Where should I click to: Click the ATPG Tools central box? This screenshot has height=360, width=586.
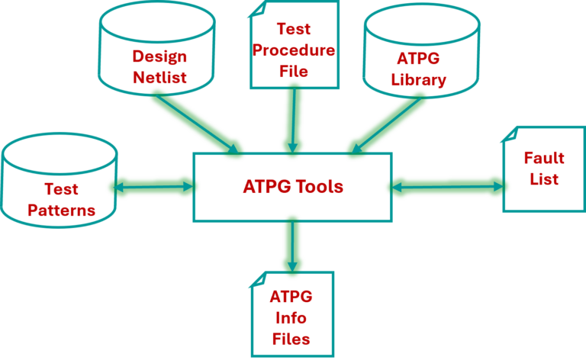pos(292,187)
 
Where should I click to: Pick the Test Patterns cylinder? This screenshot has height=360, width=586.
pos(59,183)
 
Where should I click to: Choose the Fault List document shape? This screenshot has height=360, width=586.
pos(543,169)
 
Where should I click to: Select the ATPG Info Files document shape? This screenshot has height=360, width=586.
pos(292,314)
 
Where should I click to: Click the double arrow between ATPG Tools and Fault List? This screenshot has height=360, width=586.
pos(447,186)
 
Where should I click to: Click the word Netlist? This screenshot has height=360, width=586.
pos(159,77)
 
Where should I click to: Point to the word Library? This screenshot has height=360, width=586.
pos(419,79)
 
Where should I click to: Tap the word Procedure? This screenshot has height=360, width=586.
pos(294,51)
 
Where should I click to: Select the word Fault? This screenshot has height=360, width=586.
pos(543,159)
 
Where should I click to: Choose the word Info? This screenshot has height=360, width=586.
pos(291,318)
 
